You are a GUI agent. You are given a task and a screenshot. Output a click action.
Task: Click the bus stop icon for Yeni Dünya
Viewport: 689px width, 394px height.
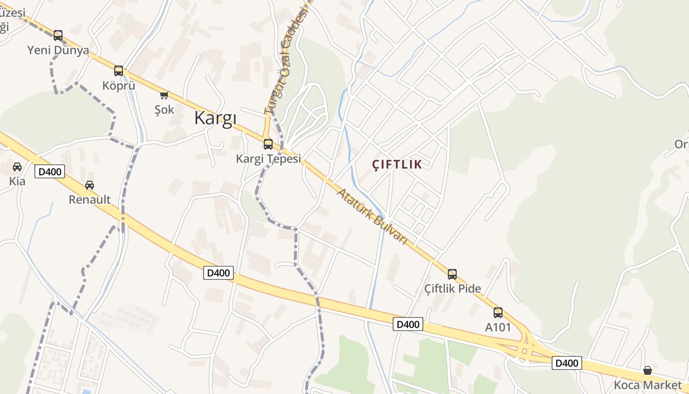(58, 35)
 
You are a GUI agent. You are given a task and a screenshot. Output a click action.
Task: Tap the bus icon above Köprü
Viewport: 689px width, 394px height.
(119, 71)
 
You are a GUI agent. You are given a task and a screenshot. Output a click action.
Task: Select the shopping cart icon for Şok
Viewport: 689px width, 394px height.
(164, 95)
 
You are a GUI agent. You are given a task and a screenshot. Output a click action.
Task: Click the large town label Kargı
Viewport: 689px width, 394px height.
(216, 118)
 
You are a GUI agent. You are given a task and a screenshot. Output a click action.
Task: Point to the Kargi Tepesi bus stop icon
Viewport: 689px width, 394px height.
(268, 144)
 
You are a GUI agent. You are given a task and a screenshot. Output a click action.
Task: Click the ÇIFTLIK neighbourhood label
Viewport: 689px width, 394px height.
(397, 164)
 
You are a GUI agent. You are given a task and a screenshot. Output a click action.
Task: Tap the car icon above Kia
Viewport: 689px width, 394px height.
(17, 167)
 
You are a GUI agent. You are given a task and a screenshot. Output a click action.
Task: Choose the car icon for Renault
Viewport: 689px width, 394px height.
(90, 185)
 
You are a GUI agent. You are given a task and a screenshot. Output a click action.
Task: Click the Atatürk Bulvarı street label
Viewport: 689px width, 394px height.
(372, 216)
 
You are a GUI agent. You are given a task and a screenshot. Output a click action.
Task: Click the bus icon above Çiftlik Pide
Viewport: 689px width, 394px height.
(452, 274)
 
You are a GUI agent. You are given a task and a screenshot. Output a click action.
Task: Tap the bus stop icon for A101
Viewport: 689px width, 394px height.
(498, 313)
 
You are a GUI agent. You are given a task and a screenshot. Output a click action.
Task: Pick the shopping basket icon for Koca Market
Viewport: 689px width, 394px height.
(648, 370)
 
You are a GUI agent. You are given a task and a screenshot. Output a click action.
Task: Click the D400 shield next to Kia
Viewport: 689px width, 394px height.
(50, 172)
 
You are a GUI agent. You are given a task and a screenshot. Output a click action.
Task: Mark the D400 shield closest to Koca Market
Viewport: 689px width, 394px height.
(566, 363)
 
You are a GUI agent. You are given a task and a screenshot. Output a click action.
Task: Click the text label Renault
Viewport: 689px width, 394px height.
(90, 200)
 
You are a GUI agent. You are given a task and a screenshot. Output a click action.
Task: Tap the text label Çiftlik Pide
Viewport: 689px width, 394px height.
(453, 289)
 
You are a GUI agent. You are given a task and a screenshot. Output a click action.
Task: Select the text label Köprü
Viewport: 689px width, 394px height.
(119, 86)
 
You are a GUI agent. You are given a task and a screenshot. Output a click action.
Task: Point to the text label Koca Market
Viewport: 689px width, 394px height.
(648, 385)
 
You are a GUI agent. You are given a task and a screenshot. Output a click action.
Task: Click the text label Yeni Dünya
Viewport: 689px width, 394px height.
(58, 50)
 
